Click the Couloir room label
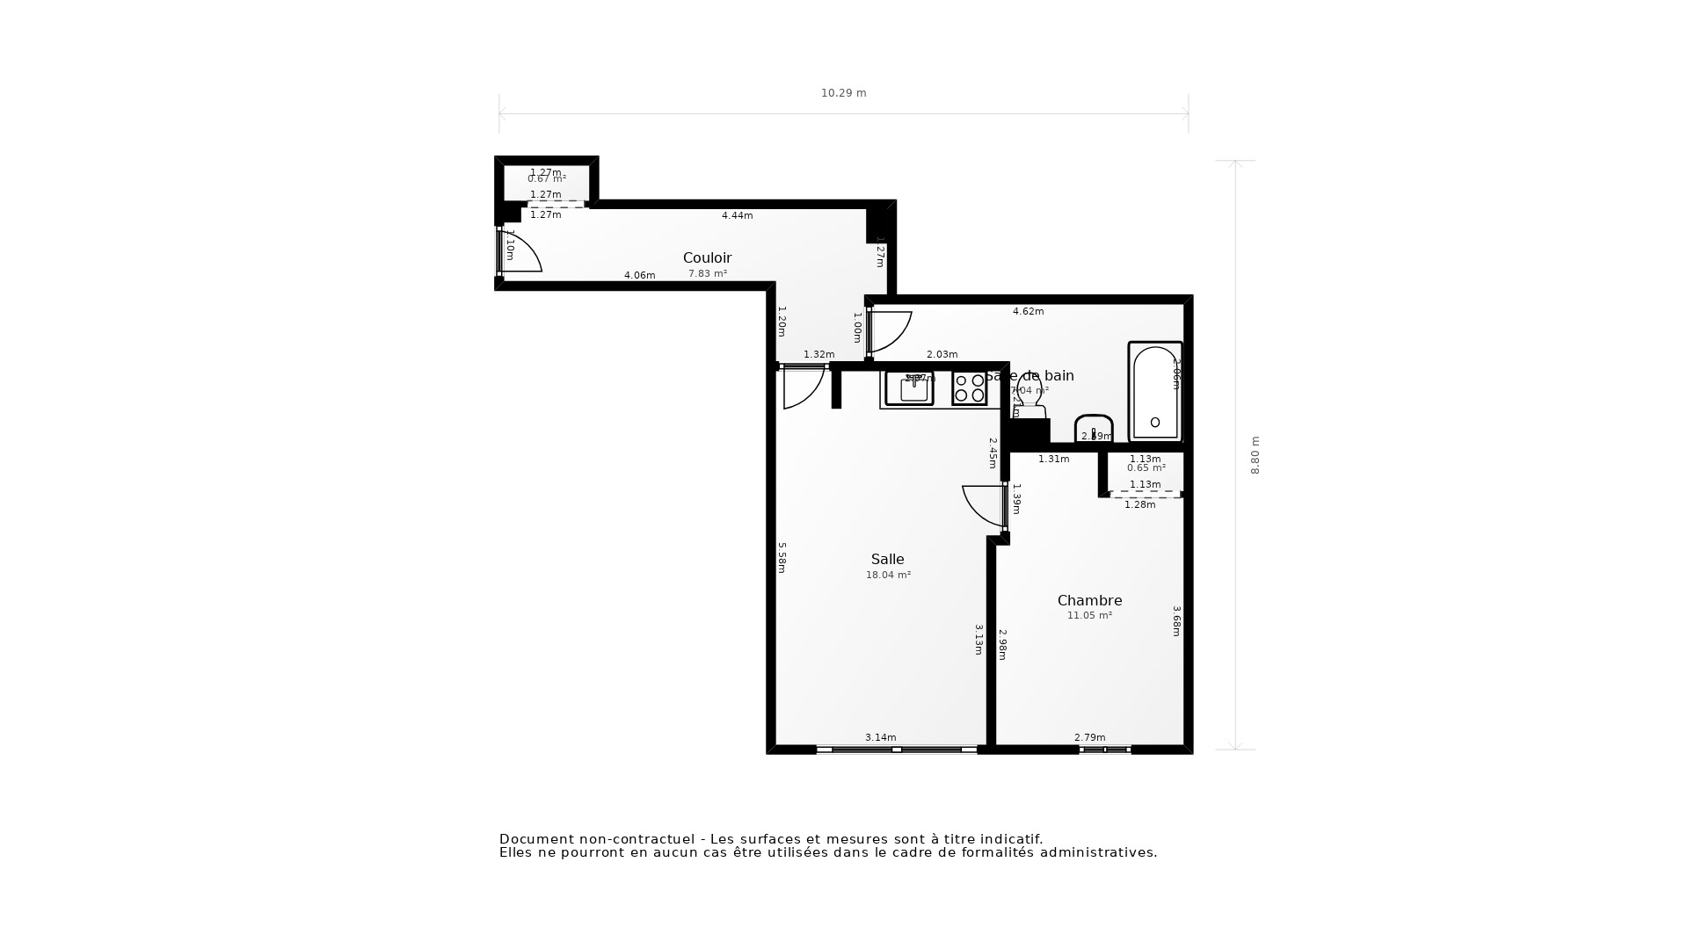coord(707,258)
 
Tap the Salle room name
coord(887,560)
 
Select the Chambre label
coord(1089,601)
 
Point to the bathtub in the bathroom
coord(1154,392)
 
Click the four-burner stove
coord(969,388)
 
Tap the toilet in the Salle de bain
coord(1030,397)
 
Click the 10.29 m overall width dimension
coord(843,93)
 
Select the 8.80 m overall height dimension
coord(1255,455)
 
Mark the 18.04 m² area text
coord(888,576)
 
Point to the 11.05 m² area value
coord(1089,616)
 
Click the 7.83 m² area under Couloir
coord(707,274)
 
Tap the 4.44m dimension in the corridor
coord(737,216)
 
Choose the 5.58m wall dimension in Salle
coord(782,557)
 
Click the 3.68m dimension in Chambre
coord(1176,620)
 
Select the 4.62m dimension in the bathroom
coord(1028,312)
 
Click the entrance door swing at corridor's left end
coord(521,252)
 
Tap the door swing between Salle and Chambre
coord(983,505)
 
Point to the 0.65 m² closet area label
coord(1146,468)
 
